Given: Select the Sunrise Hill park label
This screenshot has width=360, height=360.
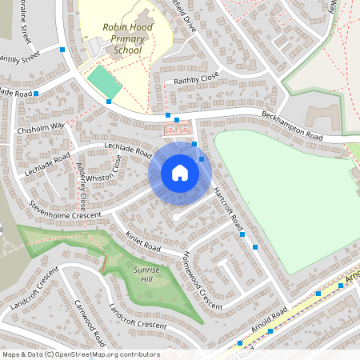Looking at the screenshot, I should tap(146, 275).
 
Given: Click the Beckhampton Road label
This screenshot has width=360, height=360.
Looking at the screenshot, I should tap(291, 127).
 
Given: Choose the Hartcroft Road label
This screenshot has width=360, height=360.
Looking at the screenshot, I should tap(229, 210).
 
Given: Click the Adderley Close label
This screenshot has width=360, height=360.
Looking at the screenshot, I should tap(82, 190).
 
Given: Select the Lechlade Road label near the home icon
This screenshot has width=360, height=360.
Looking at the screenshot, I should tap(128, 147).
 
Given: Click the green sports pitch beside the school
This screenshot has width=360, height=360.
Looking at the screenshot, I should tap(104, 82).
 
